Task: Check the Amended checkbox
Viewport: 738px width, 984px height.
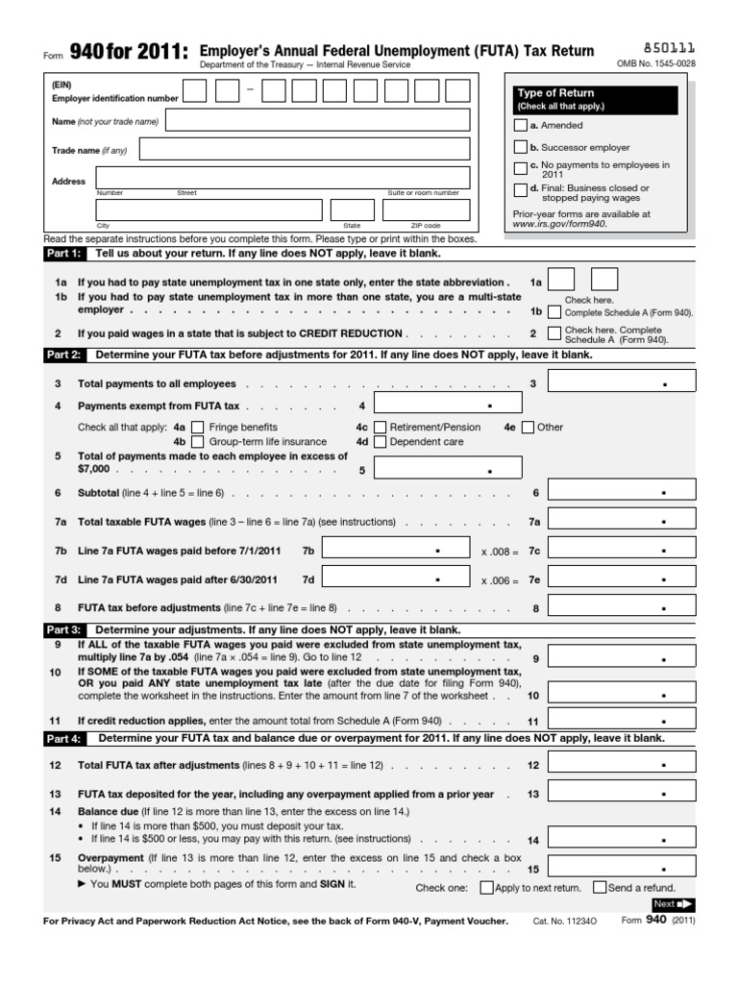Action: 521,125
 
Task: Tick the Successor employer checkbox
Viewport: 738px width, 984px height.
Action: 521,147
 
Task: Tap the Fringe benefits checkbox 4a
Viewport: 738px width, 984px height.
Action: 198,427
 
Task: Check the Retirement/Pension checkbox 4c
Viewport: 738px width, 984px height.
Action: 381,427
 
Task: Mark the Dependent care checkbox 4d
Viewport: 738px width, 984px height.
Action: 381,442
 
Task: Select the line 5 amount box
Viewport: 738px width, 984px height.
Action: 448,469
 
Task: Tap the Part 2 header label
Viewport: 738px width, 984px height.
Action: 64,355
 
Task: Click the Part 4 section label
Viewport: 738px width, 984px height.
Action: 64,739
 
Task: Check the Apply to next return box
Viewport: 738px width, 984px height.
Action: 486,888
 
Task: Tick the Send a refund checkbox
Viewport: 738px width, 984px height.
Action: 600,888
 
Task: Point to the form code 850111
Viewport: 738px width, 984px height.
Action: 669,46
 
